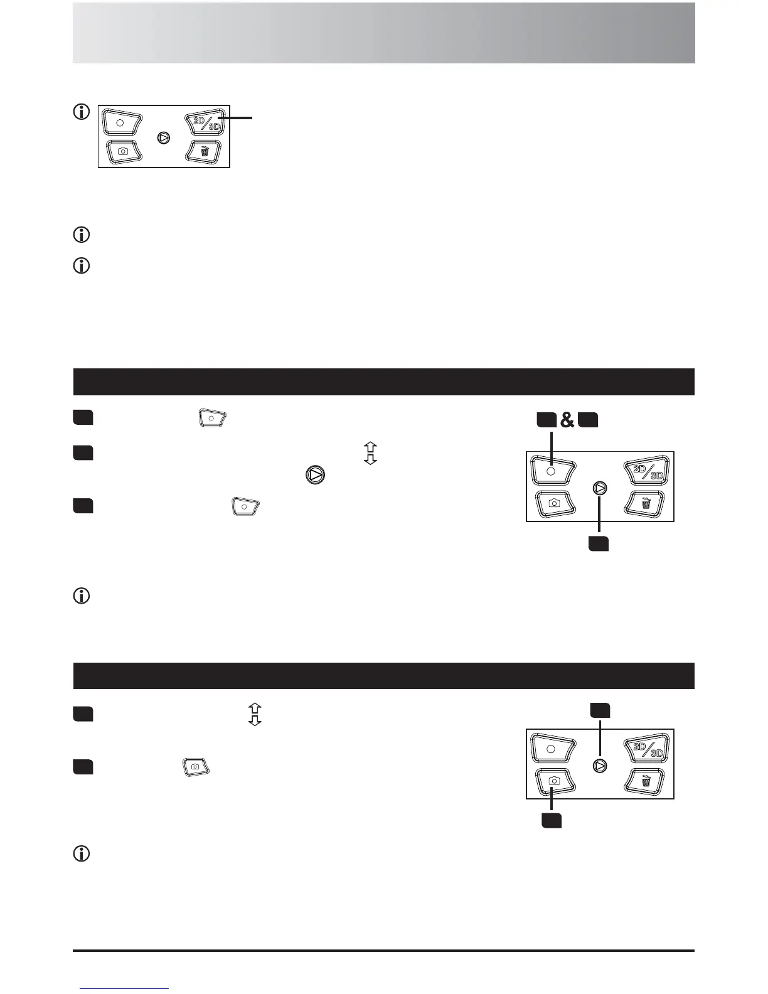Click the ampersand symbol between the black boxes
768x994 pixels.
(567, 420)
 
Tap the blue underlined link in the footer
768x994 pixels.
(124, 988)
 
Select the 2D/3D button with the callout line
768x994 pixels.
(205, 122)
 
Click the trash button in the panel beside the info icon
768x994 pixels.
(203, 151)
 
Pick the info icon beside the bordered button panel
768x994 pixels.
(82, 112)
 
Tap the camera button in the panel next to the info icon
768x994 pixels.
(124, 151)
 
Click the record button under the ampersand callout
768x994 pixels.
(552, 470)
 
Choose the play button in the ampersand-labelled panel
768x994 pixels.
(600, 488)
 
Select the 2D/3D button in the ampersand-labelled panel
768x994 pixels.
(647, 470)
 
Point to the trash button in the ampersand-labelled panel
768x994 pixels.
(645, 503)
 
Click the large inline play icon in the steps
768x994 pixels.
(315, 475)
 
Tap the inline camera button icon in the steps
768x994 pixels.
(196, 767)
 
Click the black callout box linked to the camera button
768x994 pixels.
(552, 821)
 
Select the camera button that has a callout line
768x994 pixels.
(555, 781)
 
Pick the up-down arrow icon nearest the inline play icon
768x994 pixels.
(370, 453)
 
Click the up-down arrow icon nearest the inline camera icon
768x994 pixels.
(255, 714)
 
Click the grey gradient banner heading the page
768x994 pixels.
(384, 33)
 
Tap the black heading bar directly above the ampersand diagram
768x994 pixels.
(384, 382)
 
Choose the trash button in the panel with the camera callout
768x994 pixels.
(645, 781)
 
